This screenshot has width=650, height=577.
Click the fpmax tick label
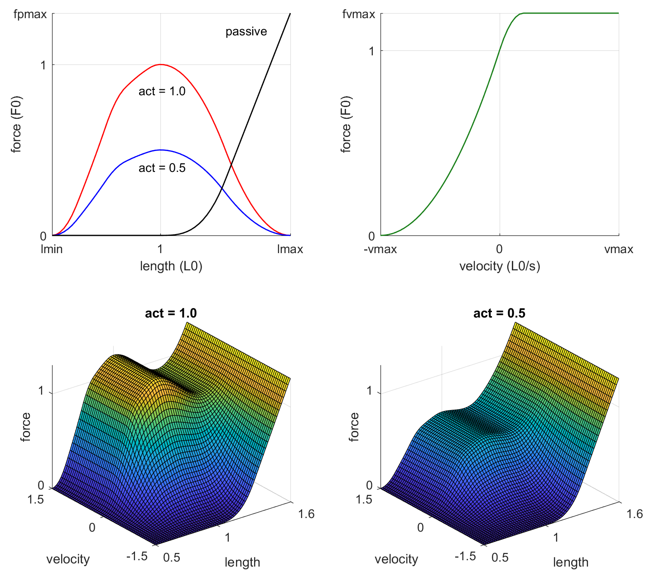(30, 15)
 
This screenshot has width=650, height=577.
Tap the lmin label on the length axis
(52, 249)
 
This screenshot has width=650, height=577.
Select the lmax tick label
(290, 249)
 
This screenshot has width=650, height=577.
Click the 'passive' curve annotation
(246, 32)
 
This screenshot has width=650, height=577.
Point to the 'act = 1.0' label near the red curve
(162, 91)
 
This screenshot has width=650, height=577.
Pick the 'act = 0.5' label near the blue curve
(162, 168)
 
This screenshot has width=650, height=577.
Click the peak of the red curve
(160, 64)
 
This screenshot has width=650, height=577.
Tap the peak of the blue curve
(160, 150)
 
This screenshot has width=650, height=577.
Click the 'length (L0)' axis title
(171, 266)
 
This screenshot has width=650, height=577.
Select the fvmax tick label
(359, 15)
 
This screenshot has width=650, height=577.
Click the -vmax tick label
(380, 249)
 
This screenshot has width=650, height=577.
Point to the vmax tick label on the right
(618, 249)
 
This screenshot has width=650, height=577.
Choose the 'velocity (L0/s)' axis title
(500, 266)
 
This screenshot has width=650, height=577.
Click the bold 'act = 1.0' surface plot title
(171, 313)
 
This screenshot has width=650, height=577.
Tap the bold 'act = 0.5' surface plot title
(499, 313)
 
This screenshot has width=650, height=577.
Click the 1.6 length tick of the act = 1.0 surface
(306, 514)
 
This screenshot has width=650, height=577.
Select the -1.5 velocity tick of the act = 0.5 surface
(464, 556)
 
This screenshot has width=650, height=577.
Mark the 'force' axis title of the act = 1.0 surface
(26, 426)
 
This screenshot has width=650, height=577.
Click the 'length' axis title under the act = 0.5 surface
(570, 562)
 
